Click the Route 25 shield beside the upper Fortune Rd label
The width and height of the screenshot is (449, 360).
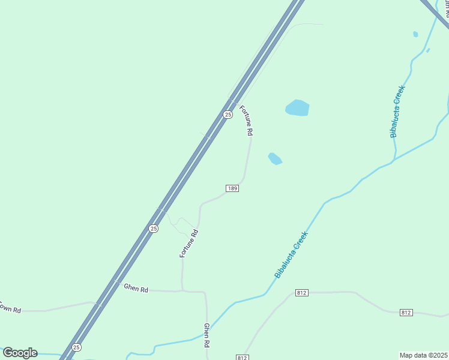click(x=228, y=114)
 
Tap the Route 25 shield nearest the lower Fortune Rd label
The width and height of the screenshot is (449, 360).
click(x=154, y=228)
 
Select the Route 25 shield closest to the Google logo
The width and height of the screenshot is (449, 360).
click(x=76, y=347)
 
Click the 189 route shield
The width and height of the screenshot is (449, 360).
click(x=233, y=188)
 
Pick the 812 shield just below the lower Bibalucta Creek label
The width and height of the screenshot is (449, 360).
click(x=302, y=293)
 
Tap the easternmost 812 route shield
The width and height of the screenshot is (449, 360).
click(x=406, y=313)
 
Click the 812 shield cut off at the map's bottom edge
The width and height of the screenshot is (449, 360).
click(x=242, y=358)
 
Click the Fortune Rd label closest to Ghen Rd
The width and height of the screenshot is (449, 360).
click(x=188, y=244)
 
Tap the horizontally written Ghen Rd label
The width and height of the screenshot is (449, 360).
click(x=136, y=289)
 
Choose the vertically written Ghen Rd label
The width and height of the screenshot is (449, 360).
click(x=206, y=336)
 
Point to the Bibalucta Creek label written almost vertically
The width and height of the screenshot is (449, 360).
click(x=398, y=112)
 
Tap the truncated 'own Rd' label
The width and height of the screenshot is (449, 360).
click(x=10, y=309)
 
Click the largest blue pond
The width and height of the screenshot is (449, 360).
click(x=297, y=108)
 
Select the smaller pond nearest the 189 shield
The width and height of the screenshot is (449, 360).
click(x=275, y=158)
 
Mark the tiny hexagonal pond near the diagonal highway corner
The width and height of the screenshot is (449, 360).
click(x=415, y=34)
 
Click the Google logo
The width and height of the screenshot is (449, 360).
click(x=20, y=353)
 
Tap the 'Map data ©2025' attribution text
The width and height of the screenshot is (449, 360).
click(x=423, y=355)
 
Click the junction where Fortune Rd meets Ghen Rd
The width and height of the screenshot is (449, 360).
click(x=182, y=291)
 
